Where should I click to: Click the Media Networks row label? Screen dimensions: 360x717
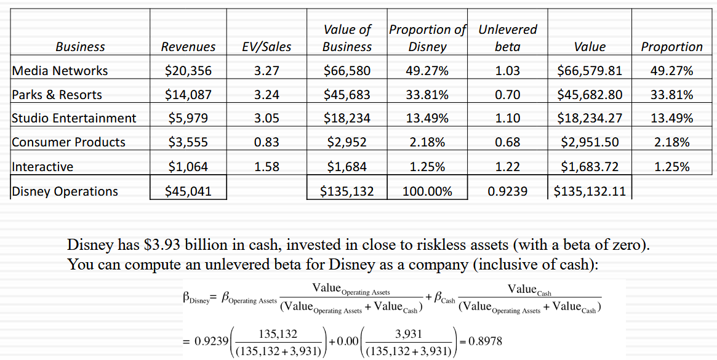(60, 71)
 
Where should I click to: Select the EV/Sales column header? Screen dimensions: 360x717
(266, 47)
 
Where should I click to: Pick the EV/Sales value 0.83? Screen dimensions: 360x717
(266, 142)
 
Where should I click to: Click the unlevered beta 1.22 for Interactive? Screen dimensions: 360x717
(507, 167)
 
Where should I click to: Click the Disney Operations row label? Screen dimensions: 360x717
(65, 191)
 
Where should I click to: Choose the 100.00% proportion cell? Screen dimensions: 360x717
(427, 191)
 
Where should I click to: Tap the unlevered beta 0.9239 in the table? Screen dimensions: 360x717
(507, 191)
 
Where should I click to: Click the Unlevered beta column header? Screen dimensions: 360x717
(507, 38)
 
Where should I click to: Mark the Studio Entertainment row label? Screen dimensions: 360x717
(74, 118)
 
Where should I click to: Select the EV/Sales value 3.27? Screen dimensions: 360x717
(266, 71)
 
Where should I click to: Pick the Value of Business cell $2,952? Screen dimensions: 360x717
(347, 142)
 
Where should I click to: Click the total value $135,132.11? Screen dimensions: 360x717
(590, 191)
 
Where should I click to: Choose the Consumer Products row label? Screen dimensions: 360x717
(68, 142)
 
